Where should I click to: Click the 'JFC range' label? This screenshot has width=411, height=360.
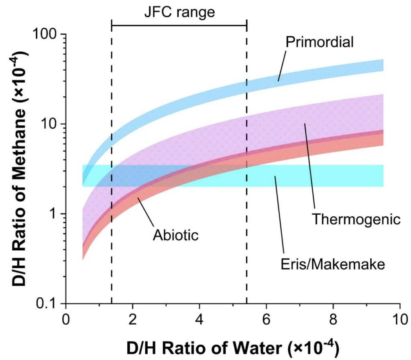click(x=180, y=12)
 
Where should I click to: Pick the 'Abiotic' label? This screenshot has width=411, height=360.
click(x=176, y=234)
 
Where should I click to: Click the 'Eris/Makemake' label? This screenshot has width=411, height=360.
click(x=332, y=264)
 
